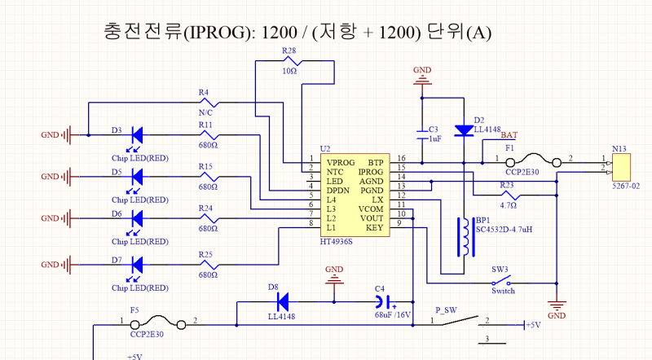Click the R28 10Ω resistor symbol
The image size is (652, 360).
click(289, 61)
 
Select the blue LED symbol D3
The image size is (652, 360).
click(138, 134)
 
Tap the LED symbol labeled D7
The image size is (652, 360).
click(138, 264)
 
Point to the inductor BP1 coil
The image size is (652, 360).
click(466, 237)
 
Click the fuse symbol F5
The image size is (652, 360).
click(170, 324)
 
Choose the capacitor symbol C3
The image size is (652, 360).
click(422, 130)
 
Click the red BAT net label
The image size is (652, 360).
click(509, 135)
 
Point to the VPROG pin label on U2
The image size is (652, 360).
click(340, 163)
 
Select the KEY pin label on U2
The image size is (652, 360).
click(374, 227)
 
